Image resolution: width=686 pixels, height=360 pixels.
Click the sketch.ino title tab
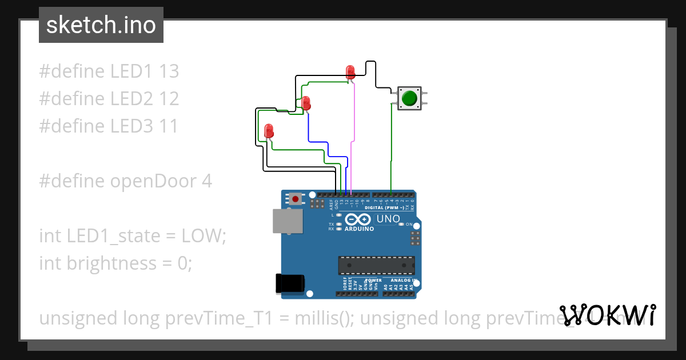(101, 25)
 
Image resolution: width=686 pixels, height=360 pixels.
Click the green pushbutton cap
(409, 98)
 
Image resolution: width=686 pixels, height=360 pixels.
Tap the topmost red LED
(350, 71)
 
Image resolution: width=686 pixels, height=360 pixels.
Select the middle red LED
(306, 103)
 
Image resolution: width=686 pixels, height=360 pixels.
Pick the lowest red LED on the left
(269, 131)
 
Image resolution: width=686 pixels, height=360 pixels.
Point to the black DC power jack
(290, 284)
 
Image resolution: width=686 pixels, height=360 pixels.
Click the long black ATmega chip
(376, 266)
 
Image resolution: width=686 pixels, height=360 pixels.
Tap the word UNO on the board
(388, 219)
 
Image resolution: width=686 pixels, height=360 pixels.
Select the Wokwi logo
(607, 315)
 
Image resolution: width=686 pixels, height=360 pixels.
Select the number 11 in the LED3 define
(167, 126)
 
